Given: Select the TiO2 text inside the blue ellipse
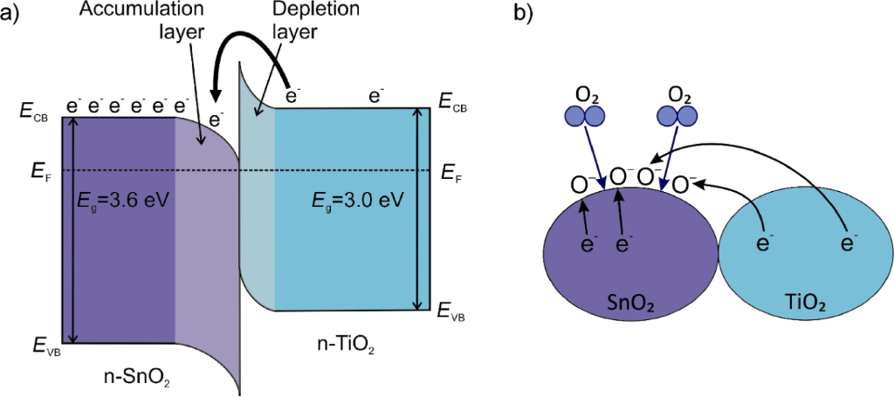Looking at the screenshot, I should tap(801, 302).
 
